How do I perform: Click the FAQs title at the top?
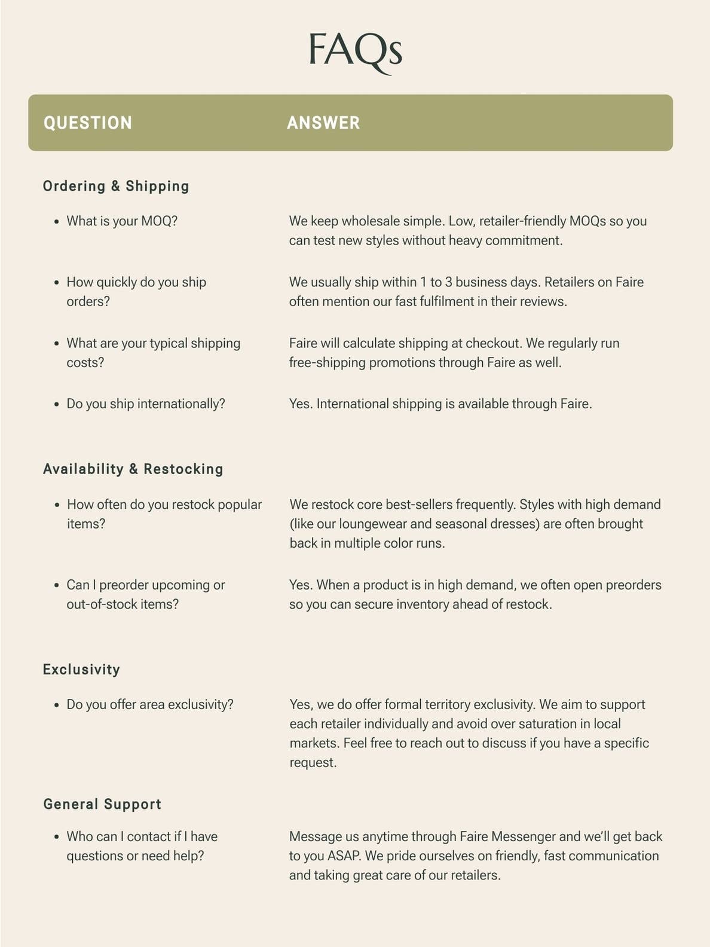(356, 51)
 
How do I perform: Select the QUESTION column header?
(88, 123)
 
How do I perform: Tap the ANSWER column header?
(323, 123)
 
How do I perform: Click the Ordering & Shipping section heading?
(116, 186)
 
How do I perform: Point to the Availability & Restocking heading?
(133, 469)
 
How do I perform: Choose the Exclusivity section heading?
(81, 669)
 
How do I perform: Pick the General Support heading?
(102, 804)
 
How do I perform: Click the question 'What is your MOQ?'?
(122, 221)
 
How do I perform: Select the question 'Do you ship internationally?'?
(146, 404)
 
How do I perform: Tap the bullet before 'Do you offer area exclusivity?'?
(57, 705)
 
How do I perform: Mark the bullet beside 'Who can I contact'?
(57, 838)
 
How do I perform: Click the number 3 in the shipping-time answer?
(448, 282)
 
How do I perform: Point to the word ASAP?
(344, 856)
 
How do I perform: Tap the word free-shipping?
(327, 363)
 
